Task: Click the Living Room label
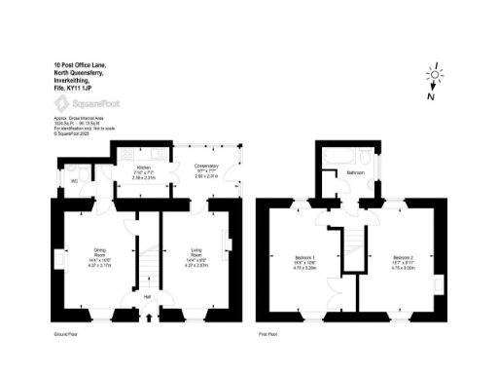pyautogui.click(x=196, y=252)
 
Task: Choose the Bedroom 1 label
pyautogui.click(x=308, y=258)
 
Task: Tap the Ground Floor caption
pyautogui.click(x=66, y=333)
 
